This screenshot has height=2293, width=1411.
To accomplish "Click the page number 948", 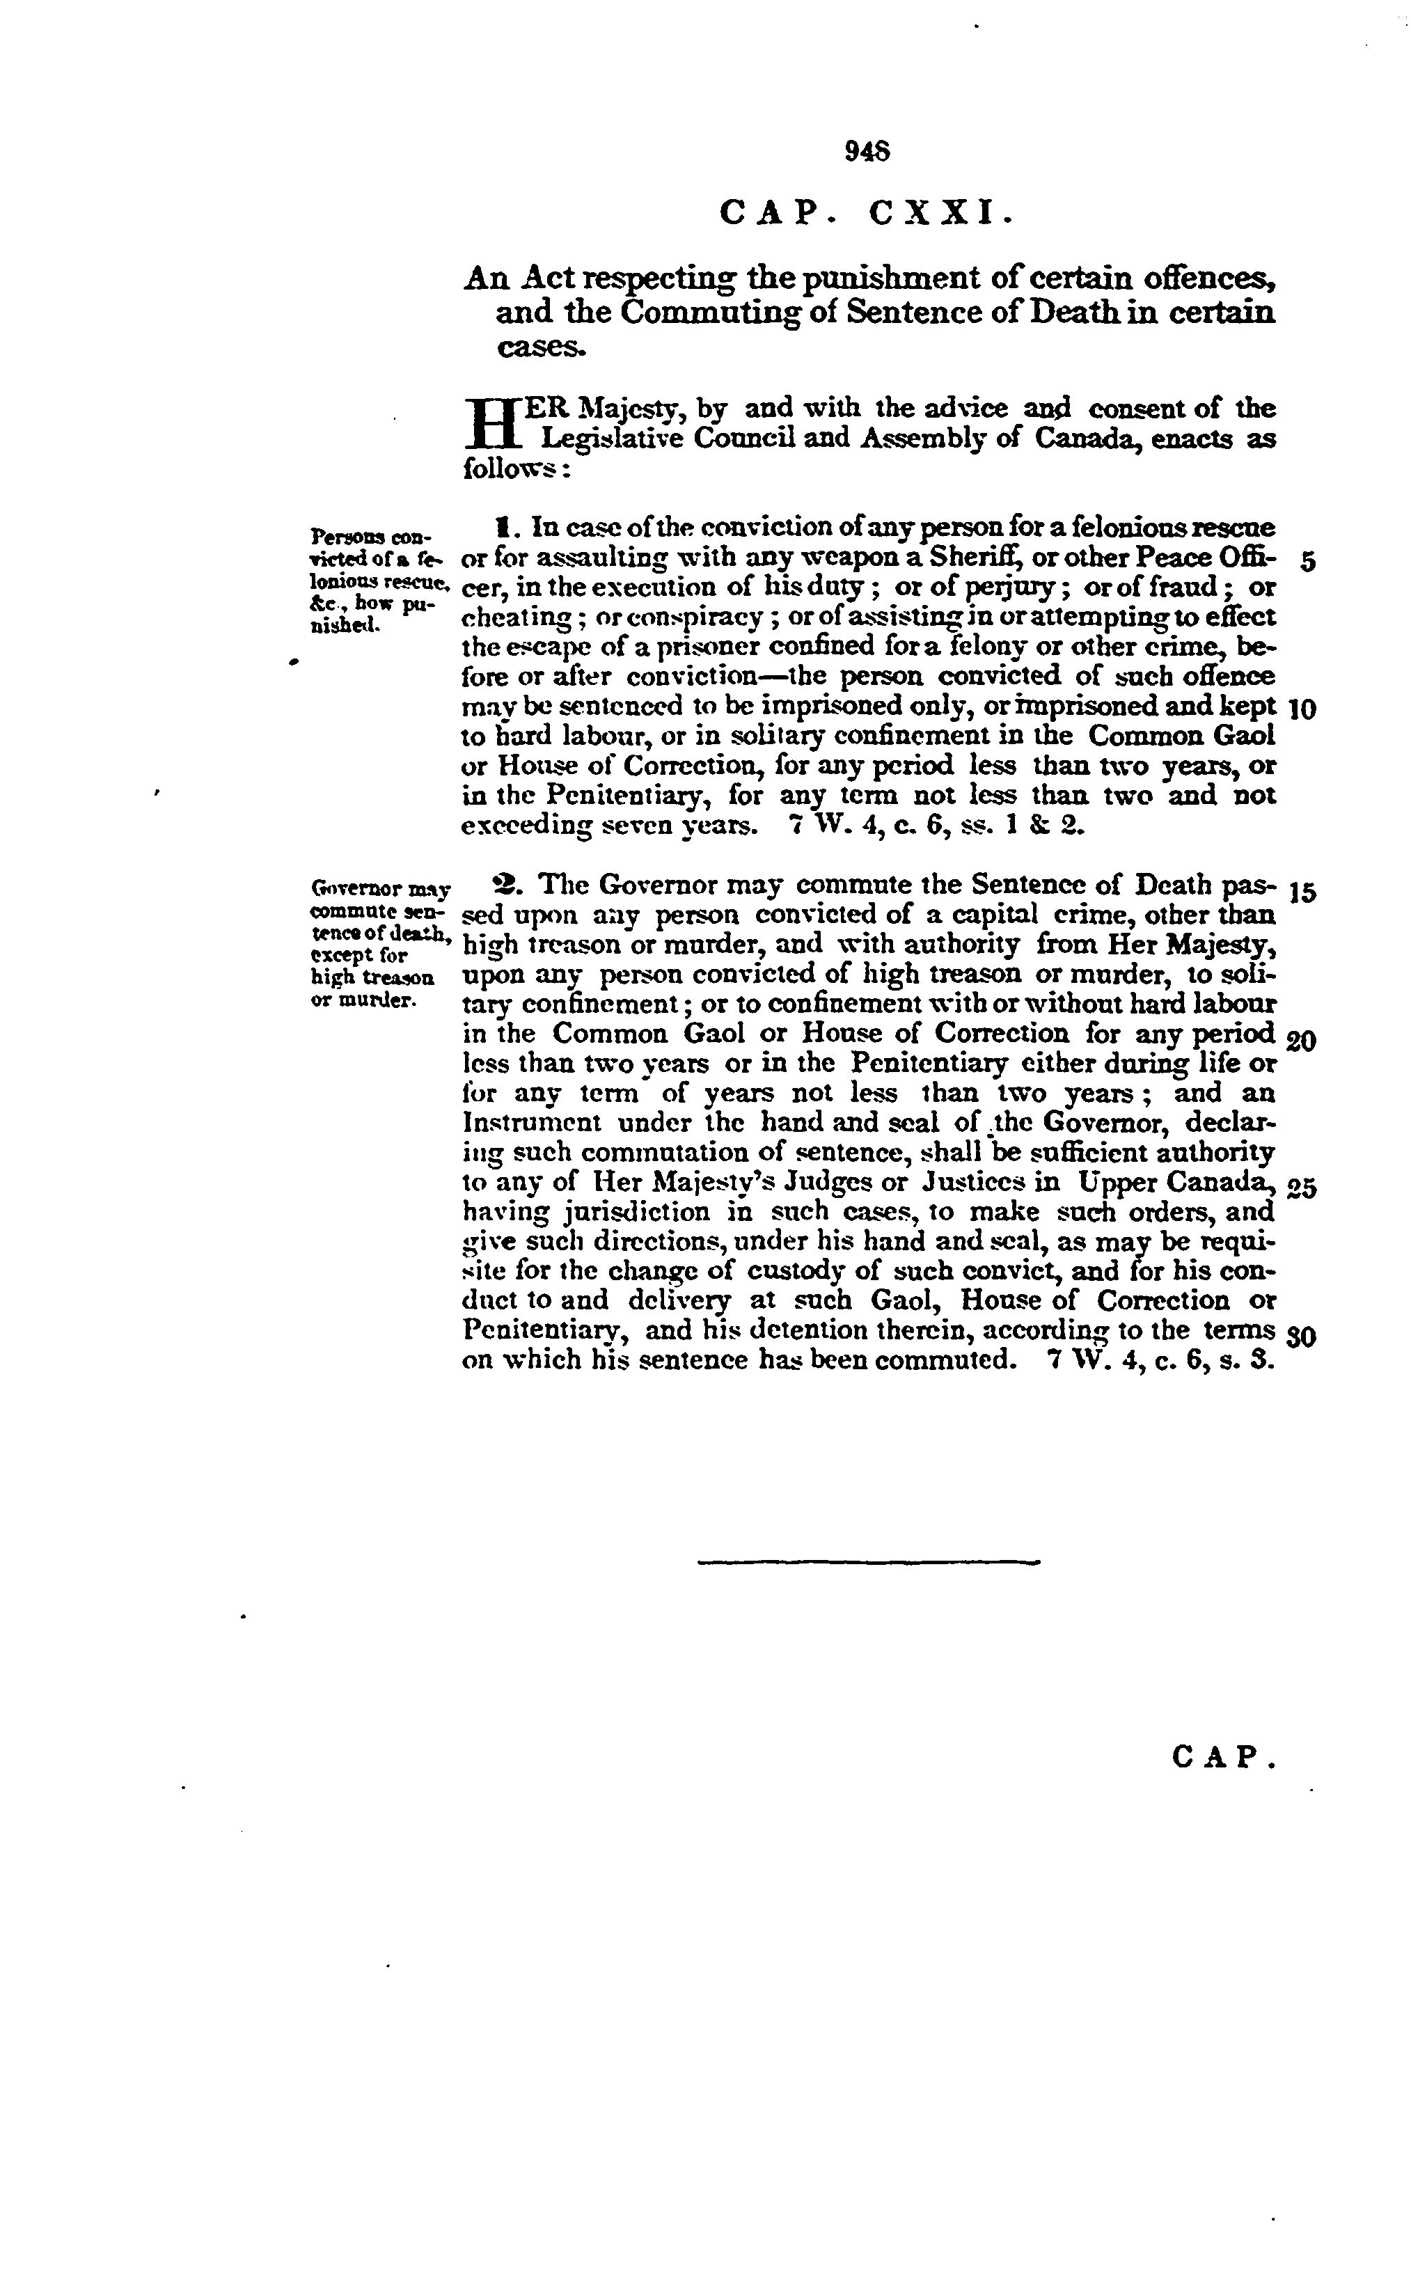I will click(867, 151).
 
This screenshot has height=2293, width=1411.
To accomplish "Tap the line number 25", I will click(1301, 1189).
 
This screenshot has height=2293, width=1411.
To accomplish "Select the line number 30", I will click(1301, 1337).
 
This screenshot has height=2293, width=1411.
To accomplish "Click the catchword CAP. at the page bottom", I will click(1222, 1757).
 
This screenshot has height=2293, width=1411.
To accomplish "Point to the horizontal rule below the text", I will click(868, 1561).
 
